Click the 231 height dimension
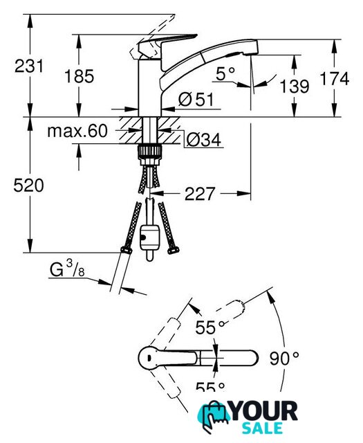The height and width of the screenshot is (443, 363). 29,66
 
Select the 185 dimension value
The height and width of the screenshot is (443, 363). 80,76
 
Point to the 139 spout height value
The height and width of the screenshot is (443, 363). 295,86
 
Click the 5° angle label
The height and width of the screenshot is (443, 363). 225,74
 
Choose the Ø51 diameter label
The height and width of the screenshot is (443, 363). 196,100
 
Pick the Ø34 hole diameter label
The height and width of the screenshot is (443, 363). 204,139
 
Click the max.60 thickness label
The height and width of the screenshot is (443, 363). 77,131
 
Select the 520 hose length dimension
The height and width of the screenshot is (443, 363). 28,186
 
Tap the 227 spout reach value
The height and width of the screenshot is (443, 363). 200,194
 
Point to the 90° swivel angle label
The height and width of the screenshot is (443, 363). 284,359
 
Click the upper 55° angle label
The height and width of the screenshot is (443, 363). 210,327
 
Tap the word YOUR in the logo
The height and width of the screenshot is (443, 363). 264,412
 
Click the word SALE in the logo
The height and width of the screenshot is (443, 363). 263,428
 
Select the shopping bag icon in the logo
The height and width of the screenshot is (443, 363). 214,417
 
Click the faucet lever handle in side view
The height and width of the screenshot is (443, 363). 167,42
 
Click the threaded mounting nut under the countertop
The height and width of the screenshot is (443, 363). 149,155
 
